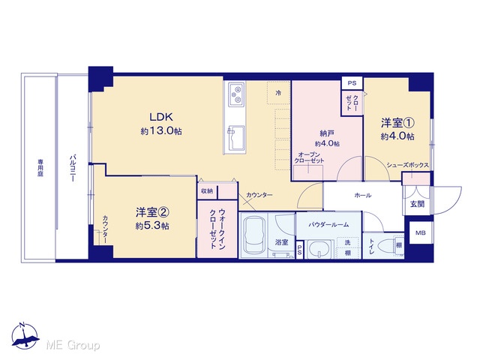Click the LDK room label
(161, 117)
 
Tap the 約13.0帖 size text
(161, 131)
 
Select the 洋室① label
(397, 123)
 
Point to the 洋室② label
(152, 211)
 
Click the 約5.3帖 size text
(152, 226)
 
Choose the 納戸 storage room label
(327, 133)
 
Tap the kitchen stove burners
(236, 94)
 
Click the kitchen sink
(236, 138)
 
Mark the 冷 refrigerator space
(278, 93)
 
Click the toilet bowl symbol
(385, 246)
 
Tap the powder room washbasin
(320, 248)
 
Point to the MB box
(420, 232)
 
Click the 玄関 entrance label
(417, 204)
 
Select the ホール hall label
(362, 195)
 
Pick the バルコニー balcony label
(72, 168)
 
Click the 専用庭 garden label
(40, 168)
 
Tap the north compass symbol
(25, 335)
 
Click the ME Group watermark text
(73, 345)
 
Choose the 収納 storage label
(207, 191)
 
